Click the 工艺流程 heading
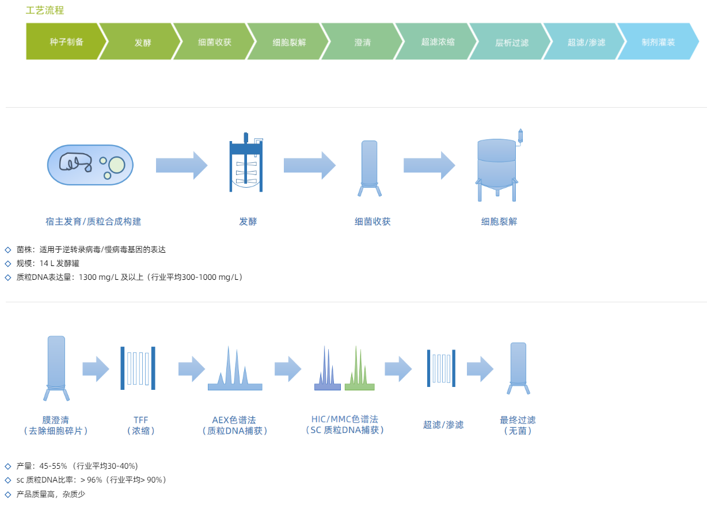pos(45,10)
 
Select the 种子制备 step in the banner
pos(66,41)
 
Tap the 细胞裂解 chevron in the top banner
pos(289,42)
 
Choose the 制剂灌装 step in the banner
pos(658,42)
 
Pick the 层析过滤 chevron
pos(512,42)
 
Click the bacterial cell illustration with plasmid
pos(90,165)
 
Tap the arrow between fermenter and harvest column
pos(309,165)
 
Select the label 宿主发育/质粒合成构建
pos(93,221)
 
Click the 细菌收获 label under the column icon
pos(372,221)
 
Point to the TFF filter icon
pos(138,368)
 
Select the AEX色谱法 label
pos(234,420)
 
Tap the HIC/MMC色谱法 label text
pos(344,419)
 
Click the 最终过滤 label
pos(518,420)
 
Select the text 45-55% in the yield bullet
pos(54,466)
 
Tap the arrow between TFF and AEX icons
pos(191,369)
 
